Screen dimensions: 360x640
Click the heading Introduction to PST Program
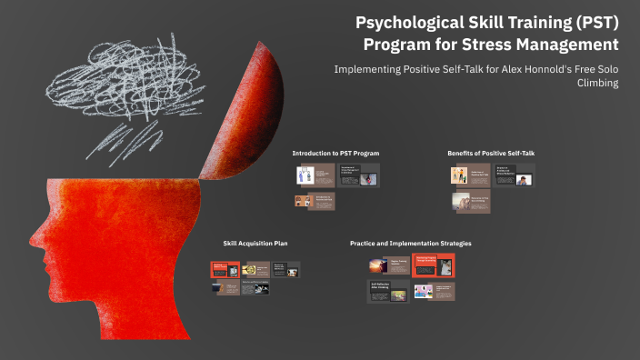click(335, 153)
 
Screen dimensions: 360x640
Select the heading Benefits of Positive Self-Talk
click(491, 153)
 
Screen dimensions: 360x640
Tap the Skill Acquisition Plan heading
click(255, 244)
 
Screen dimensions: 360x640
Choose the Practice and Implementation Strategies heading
click(411, 244)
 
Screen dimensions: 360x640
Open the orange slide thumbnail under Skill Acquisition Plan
click(225, 270)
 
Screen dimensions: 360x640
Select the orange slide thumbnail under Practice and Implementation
click(433, 265)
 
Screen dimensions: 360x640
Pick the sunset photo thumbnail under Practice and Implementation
click(378, 265)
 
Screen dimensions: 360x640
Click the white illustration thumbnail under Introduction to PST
click(305, 175)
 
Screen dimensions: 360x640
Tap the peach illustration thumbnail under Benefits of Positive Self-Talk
click(459, 175)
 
